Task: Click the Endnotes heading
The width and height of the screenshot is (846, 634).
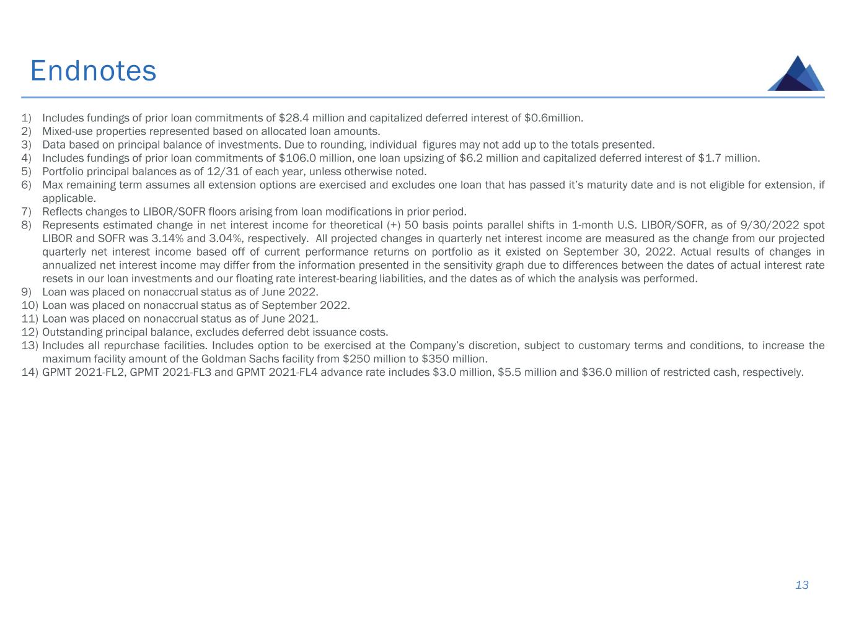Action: pyautogui.click(x=93, y=71)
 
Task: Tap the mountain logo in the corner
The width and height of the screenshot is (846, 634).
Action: pyautogui.click(x=796, y=74)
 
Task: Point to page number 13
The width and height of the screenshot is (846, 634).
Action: pyautogui.click(x=801, y=585)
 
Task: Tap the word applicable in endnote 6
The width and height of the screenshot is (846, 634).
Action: pyautogui.click(x=68, y=198)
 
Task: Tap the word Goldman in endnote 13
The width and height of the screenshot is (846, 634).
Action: pyautogui.click(x=223, y=359)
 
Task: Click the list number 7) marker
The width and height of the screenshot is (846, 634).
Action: pyautogui.click(x=26, y=212)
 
